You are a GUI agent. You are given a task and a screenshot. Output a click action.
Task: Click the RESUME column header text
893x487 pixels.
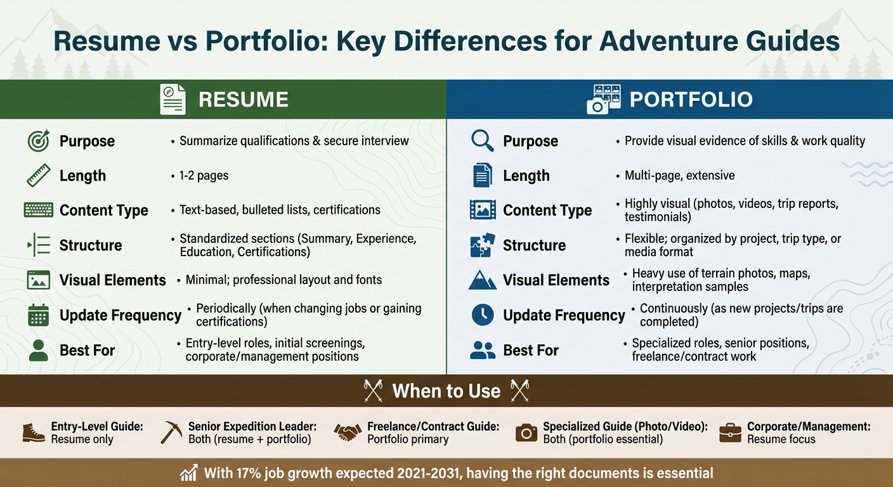(x=243, y=100)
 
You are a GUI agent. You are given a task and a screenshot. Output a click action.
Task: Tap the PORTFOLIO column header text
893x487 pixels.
(x=691, y=100)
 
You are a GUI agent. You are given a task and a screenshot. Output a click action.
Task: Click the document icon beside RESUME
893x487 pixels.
(x=173, y=100)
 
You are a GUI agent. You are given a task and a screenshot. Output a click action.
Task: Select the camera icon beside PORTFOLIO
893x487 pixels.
(x=603, y=100)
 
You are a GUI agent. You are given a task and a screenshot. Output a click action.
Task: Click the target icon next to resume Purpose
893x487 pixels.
(x=39, y=141)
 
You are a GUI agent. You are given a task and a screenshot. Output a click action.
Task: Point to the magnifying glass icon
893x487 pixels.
(x=483, y=141)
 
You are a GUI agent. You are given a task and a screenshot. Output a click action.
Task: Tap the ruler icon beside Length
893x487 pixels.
(x=39, y=176)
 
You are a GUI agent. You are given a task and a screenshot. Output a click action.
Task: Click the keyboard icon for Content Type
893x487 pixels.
(x=39, y=210)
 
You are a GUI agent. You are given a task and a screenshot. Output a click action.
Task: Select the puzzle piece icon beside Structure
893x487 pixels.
(x=483, y=245)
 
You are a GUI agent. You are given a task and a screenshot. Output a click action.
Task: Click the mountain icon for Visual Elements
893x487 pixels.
(x=483, y=280)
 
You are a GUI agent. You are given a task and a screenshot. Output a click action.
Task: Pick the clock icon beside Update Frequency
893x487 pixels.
(x=483, y=315)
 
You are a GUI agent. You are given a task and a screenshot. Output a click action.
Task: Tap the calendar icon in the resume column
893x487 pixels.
(x=39, y=315)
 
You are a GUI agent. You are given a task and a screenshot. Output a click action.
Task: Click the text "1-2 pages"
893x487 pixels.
(x=204, y=176)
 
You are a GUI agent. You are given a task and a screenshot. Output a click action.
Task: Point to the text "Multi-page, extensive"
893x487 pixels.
(x=679, y=176)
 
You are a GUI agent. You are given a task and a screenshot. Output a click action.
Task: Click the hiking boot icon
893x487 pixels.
(x=34, y=432)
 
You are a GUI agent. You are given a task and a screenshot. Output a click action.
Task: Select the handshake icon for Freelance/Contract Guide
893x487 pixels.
(x=347, y=432)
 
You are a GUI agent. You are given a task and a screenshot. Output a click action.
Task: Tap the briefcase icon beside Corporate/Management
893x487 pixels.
(x=730, y=432)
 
